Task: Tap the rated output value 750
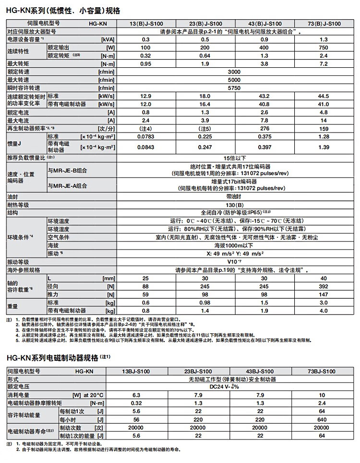click(x=323, y=48)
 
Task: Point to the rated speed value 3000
click(x=234, y=72)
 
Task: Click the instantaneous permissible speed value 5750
click(x=234, y=88)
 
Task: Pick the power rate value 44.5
click(x=323, y=96)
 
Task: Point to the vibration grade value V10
click(x=234, y=262)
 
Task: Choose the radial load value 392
click(x=323, y=286)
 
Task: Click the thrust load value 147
click(x=323, y=294)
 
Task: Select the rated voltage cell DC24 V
click(x=234, y=387)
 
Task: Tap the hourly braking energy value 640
click(x=321, y=419)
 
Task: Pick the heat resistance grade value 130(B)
click(x=234, y=205)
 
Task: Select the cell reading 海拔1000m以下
click(x=234, y=245)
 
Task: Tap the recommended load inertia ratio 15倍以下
click(x=234, y=158)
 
